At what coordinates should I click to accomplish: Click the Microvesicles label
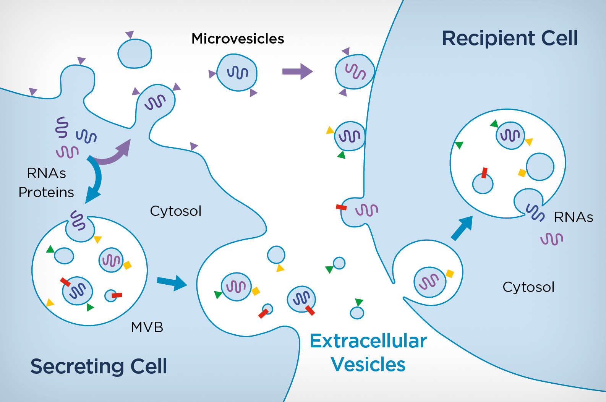238,39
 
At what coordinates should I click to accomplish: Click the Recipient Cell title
509,38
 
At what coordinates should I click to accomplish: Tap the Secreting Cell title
99,366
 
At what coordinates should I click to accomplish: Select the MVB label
147,327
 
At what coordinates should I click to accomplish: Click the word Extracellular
368,341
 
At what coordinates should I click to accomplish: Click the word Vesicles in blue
368,364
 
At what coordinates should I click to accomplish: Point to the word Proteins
46,192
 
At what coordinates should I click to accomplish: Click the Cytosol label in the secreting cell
175,211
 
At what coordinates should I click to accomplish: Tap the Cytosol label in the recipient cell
528,287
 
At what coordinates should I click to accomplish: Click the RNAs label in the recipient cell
573,217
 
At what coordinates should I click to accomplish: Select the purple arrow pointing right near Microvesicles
297,71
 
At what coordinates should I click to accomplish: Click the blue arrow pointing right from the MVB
172,282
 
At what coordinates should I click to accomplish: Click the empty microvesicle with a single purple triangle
134,53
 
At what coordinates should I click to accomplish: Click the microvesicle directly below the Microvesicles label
237,73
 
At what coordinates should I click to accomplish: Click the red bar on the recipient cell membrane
341,207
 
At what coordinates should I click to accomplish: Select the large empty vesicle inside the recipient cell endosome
540,167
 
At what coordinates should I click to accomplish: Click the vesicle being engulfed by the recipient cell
429,282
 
